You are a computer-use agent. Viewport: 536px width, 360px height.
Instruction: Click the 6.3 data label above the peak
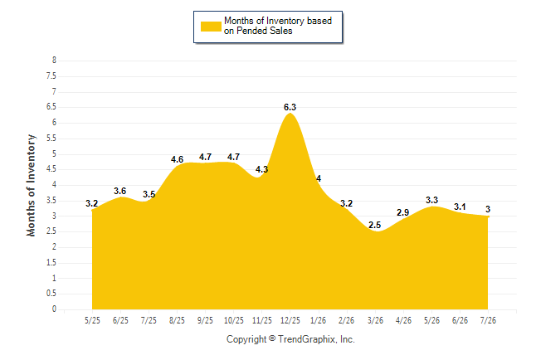click(290, 107)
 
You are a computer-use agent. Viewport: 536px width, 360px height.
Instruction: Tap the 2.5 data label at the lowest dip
click(375, 225)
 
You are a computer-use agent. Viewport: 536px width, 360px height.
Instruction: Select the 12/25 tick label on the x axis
click(290, 320)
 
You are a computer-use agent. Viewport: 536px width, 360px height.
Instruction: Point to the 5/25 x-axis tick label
click(92, 320)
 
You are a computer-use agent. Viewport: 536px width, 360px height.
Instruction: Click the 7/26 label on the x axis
click(488, 320)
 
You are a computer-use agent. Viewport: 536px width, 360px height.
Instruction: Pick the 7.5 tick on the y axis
click(51, 75)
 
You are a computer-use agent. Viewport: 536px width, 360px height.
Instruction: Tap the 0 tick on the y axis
click(54, 309)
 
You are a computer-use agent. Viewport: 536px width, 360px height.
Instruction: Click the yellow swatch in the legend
click(211, 27)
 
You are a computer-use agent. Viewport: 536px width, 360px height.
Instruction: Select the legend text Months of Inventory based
click(278, 21)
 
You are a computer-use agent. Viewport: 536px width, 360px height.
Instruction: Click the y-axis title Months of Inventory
click(31, 185)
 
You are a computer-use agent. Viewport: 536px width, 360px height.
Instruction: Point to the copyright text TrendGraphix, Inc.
click(316, 339)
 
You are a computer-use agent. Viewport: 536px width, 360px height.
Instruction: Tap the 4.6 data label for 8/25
click(177, 159)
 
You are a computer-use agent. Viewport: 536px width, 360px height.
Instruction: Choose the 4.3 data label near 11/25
click(262, 169)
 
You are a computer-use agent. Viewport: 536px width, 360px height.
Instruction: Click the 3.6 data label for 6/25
click(120, 191)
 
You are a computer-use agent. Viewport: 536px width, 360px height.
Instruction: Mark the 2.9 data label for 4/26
click(403, 212)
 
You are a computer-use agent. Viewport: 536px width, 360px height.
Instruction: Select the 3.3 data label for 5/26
click(431, 201)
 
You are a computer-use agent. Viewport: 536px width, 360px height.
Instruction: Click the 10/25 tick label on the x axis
click(234, 320)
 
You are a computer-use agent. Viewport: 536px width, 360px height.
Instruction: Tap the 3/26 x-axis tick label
click(375, 320)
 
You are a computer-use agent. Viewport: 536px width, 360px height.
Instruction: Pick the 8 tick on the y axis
click(54, 61)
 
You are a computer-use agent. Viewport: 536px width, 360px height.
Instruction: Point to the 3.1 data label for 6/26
click(460, 207)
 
